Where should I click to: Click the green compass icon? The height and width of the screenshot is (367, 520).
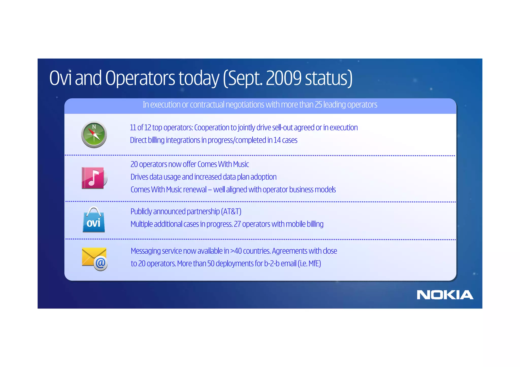point(94,135)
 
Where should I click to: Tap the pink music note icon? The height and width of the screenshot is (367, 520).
point(93,178)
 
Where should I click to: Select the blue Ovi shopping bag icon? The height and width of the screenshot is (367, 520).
point(94,220)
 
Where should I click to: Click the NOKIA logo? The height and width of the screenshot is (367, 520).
point(445,295)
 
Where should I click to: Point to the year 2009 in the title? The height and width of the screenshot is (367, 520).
point(284,78)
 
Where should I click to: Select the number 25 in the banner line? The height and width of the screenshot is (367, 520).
point(318,104)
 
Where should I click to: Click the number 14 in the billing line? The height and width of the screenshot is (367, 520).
point(277,140)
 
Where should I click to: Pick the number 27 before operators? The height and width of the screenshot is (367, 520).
point(237,224)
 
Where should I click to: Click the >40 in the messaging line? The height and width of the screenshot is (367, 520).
point(236,251)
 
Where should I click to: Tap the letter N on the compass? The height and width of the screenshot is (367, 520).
point(94,127)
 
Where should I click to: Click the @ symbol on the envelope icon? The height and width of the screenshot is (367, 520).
point(101,264)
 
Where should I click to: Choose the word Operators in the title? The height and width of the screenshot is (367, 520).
point(140,78)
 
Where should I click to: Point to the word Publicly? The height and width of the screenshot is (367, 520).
point(141,212)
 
